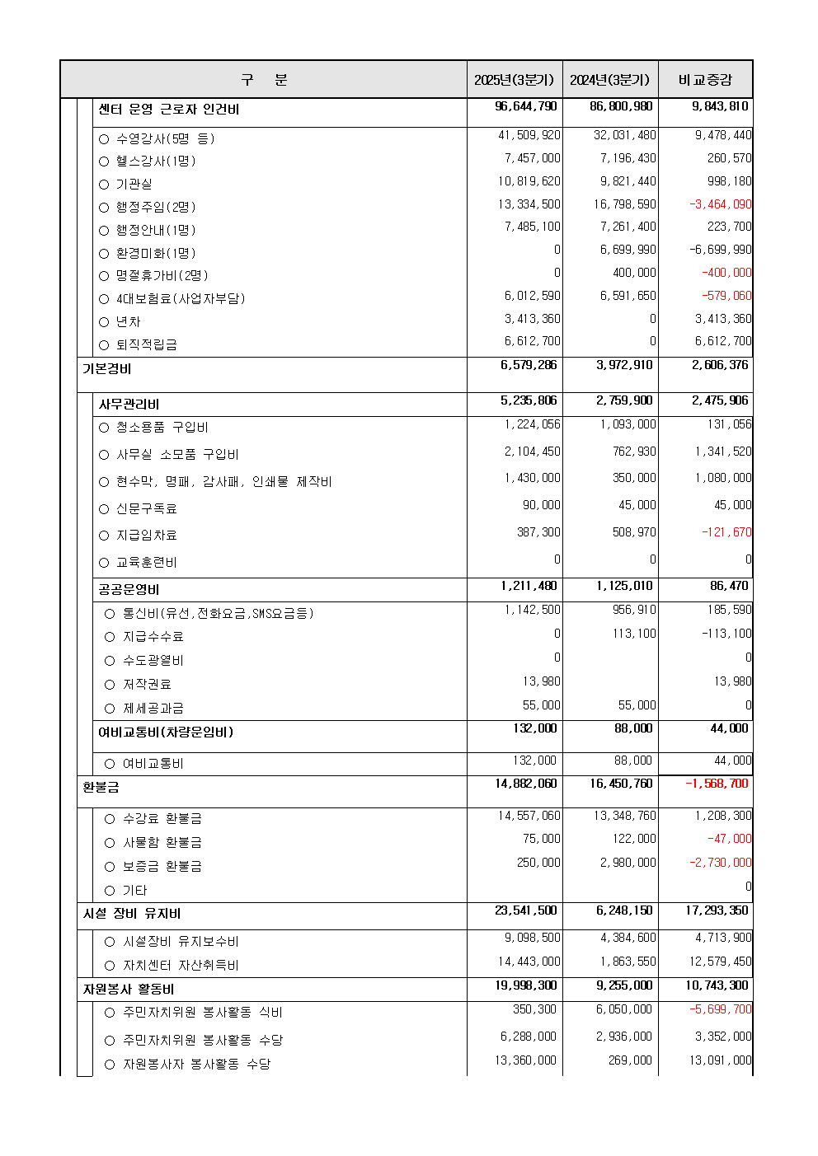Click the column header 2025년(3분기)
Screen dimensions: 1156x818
pyautogui.click(x=514, y=80)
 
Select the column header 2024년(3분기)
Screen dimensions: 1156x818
pyautogui.click(x=609, y=80)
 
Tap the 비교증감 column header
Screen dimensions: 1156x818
pyautogui.click(x=705, y=80)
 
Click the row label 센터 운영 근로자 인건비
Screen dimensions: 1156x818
pyautogui.click(x=169, y=110)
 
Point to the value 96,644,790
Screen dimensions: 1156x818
pyautogui.click(x=526, y=106)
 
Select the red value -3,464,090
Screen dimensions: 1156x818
pyautogui.click(x=720, y=204)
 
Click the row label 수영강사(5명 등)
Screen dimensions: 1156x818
pyautogui.click(x=165, y=138)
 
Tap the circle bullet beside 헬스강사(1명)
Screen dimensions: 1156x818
pyautogui.click(x=104, y=161)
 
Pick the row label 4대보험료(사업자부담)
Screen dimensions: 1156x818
pyautogui.click(x=181, y=298)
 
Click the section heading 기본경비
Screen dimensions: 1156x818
pyautogui.click(x=106, y=368)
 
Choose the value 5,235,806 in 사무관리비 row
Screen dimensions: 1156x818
pyautogui.click(x=529, y=400)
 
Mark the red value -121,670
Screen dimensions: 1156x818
pyautogui.click(x=726, y=532)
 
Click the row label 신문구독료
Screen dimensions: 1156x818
pyautogui.click(x=146, y=508)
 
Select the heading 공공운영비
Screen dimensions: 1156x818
pyautogui.click(x=129, y=589)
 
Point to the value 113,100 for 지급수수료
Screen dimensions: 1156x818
pyautogui.click(x=635, y=634)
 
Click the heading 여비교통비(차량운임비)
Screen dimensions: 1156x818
pyautogui.click(x=166, y=732)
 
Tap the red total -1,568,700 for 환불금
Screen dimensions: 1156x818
pyautogui.click(x=717, y=784)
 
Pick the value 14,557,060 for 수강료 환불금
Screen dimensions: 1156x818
pyautogui.click(x=529, y=816)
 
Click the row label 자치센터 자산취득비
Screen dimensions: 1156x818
pyautogui.click(x=181, y=965)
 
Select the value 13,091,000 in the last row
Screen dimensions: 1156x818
pyautogui.click(x=720, y=1060)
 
